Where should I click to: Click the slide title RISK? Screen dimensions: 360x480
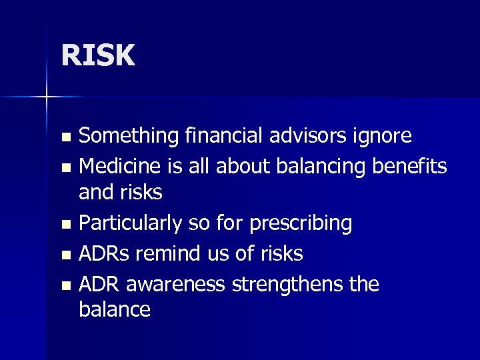[97, 56]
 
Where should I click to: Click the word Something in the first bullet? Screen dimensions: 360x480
[128, 137]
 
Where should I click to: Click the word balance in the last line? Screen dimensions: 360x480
[114, 310]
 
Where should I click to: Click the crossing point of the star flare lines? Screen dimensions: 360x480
[47, 97]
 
